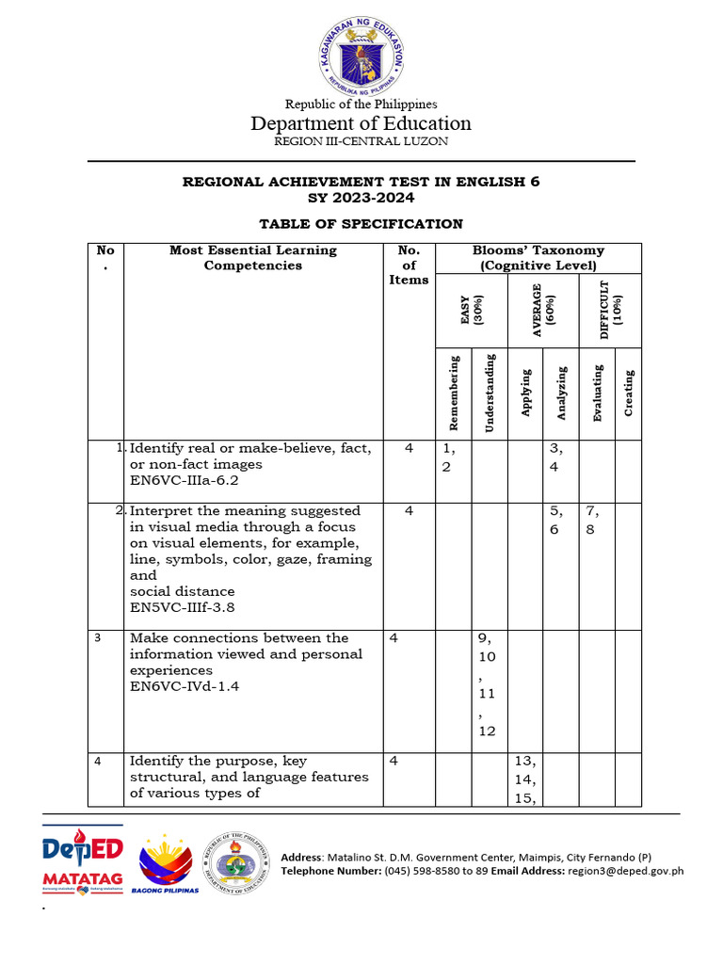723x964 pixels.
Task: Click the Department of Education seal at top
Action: [361, 56]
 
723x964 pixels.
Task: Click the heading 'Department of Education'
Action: [361, 123]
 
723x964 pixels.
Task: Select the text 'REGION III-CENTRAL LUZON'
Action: [361, 141]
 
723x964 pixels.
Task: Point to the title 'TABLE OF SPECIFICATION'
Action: [361, 224]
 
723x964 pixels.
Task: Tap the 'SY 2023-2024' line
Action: [361, 198]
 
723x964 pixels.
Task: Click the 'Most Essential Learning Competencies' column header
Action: [252, 258]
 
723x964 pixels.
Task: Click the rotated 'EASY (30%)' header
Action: [470, 310]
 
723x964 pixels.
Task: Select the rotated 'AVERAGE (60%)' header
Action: [541, 310]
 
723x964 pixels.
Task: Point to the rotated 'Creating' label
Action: [628, 393]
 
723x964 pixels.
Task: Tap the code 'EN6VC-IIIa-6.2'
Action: [185, 480]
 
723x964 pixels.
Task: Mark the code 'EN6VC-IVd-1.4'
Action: [185, 687]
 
